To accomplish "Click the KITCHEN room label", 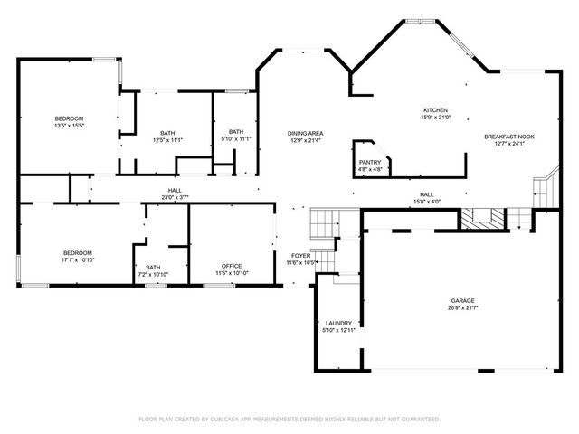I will (434, 110).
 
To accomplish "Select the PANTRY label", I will (370, 162).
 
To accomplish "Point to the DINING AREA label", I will (306, 134).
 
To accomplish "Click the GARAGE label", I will (463, 301).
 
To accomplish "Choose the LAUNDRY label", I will (338, 323).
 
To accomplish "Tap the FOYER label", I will (300, 256).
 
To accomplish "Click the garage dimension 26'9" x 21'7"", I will (463, 308).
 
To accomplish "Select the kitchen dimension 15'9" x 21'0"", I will (434, 118).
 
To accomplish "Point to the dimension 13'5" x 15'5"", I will (69, 127).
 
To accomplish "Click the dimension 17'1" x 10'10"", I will (77, 259).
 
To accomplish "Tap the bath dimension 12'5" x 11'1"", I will (168, 140).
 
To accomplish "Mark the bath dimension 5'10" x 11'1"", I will (236, 139).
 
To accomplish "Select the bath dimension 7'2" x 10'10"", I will (153, 274).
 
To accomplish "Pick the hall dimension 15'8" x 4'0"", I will (426, 201).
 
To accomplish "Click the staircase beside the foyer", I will (323, 222).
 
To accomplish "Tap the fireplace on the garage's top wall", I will (483, 218).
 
